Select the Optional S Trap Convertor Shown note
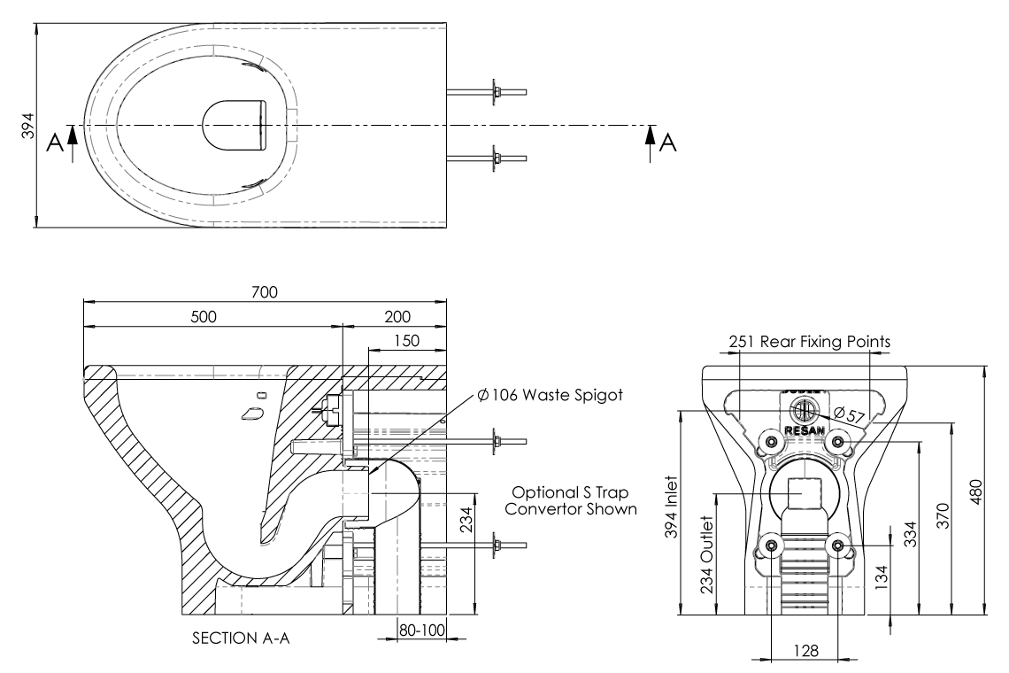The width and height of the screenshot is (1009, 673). coord(576,501)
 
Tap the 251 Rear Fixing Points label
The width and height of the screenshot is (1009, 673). coord(809,341)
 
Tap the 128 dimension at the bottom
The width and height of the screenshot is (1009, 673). coord(805,649)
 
